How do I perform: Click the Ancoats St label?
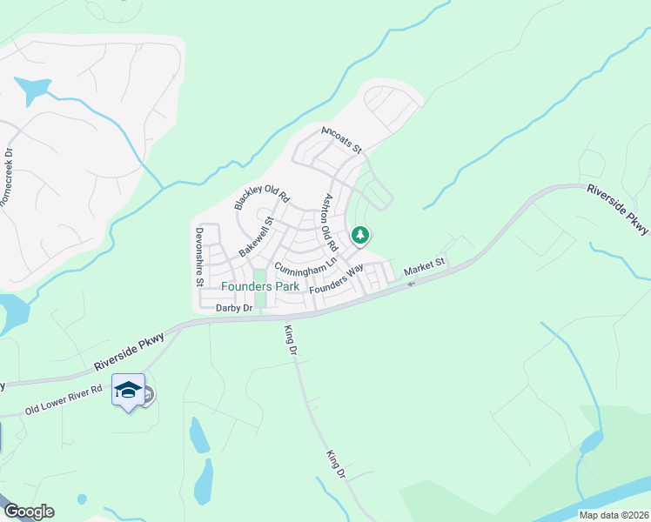pyautogui.click(x=341, y=139)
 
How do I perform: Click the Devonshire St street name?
pyautogui.click(x=199, y=257)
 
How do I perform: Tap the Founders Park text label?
pyautogui.click(x=260, y=286)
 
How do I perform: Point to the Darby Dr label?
pyautogui.click(x=234, y=308)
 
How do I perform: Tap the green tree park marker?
pyautogui.click(x=360, y=235)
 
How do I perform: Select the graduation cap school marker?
pyautogui.click(x=129, y=391)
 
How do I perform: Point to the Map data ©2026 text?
pyautogui.click(x=613, y=514)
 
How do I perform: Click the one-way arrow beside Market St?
pyautogui.click(x=411, y=281)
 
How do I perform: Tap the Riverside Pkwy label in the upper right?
pyautogui.click(x=618, y=209)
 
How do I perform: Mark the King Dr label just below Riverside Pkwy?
pyautogui.click(x=292, y=340)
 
